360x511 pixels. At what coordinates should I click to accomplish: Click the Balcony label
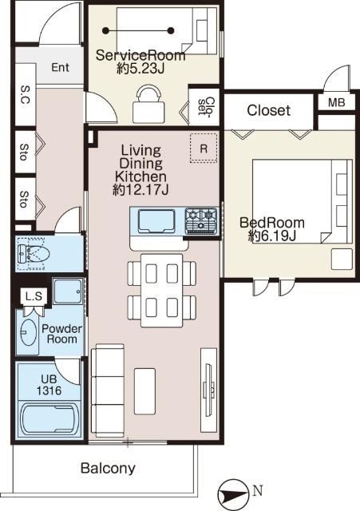108,469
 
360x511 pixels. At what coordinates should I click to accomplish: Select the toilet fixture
34,254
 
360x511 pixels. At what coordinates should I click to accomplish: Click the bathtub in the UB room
50,420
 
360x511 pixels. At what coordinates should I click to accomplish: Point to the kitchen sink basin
156,221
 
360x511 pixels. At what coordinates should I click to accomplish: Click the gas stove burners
201,221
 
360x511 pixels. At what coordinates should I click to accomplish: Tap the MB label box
337,103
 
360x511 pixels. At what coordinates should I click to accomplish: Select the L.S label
34,296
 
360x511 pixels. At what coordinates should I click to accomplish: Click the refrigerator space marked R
204,149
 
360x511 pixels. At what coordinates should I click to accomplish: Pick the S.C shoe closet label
25,94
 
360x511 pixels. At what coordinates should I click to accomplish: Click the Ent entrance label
61,67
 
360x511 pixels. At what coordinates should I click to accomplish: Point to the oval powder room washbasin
29,332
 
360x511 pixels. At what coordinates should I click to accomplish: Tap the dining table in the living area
161,290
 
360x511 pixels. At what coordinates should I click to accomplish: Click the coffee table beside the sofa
144,391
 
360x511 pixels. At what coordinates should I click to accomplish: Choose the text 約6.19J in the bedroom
271,236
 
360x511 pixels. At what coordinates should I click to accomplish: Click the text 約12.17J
140,190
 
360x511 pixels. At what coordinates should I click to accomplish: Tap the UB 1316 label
49,385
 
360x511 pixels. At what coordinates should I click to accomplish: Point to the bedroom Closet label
268,110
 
